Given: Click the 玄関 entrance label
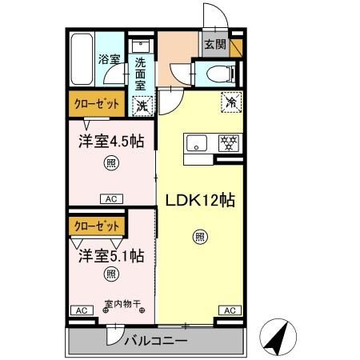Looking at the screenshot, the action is [x=215, y=44].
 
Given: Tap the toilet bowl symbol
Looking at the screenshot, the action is [x=221, y=74].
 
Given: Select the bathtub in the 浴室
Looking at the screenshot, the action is [x=82, y=59].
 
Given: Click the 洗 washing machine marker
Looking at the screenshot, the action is [x=142, y=106].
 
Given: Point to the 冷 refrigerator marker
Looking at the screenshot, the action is [x=231, y=102].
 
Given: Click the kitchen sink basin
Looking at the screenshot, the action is [x=197, y=143].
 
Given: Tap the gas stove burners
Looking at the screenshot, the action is [x=229, y=143].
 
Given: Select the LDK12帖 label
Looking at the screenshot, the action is [x=200, y=201].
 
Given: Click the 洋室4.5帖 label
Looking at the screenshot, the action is [x=111, y=141].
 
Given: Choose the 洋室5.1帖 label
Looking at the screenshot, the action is [x=111, y=256].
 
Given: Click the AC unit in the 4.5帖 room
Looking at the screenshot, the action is [x=111, y=199].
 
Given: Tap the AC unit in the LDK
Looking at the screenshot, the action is [x=230, y=310].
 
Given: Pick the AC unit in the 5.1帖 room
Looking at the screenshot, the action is [x=82, y=310].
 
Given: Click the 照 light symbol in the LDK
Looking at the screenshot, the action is [x=200, y=237].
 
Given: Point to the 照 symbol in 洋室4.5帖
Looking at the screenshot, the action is [x=111, y=162].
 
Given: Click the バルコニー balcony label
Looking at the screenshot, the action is [x=156, y=341].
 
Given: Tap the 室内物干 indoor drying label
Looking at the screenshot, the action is [x=122, y=303].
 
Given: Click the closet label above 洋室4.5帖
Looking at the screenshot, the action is [x=96, y=104].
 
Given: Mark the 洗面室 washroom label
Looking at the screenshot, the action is [x=140, y=74].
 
